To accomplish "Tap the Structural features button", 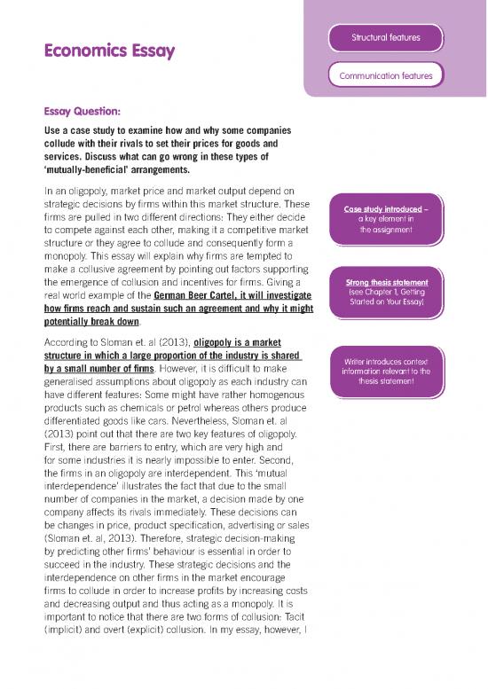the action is (x=385, y=37).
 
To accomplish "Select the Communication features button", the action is (x=385, y=75).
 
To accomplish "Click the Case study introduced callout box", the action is (x=385, y=219).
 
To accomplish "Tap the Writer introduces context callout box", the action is (x=385, y=372).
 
